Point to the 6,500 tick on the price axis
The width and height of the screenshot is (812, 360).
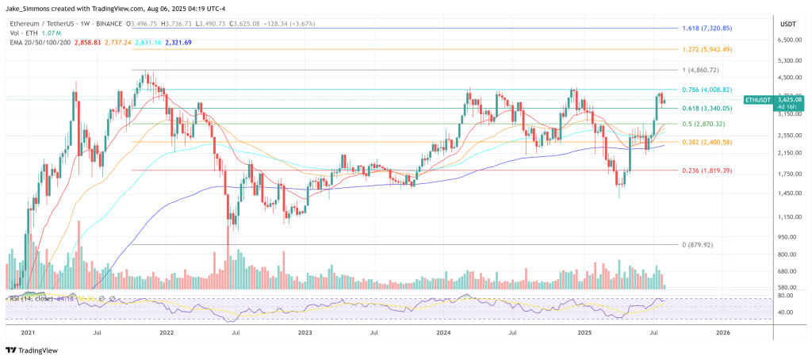787,39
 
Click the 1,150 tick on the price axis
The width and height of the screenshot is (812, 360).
787,216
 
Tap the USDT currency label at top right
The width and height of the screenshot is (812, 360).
788,22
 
